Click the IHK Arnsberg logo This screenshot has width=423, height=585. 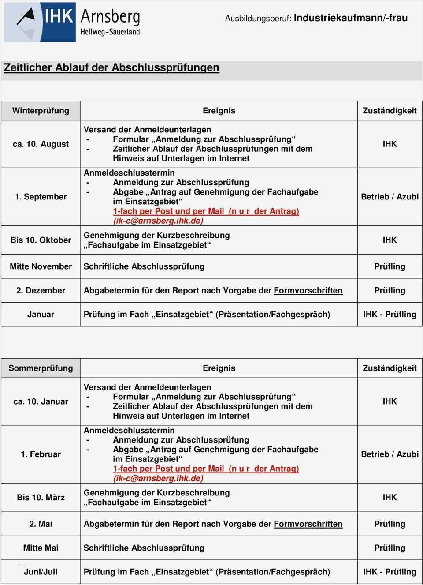(x=72, y=22)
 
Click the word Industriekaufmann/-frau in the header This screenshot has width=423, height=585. (x=350, y=18)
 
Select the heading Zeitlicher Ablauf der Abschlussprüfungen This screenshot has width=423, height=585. (x=111, y=67)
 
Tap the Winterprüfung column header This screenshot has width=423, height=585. (x=41, y=111)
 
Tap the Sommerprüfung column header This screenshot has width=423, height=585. (x=41, y=368)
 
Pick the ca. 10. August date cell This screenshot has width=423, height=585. (x=41, y=144)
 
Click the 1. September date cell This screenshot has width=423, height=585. (x=41, y=197)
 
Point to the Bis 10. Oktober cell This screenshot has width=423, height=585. (x=41, y=240)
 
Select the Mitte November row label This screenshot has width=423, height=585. (x=41, y=266)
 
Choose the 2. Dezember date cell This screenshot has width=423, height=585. (x=41, y=290)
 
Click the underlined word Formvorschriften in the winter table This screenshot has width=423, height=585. (x=308, y=290)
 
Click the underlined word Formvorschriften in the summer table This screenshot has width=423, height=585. (x=308, y=524)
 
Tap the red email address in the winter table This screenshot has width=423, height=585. (x=158, y=221)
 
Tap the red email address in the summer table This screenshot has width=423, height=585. (x=158, y=478)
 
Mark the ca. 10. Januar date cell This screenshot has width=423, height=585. (x=41, y=401)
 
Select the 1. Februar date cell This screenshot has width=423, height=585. (x=41, y=454)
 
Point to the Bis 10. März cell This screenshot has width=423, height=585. (x=41, y=497)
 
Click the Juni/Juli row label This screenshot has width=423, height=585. (x=41, y=572)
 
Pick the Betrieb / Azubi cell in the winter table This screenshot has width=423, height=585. (x=390, y=197)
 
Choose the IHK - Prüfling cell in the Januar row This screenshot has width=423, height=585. (x=390, y=314)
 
